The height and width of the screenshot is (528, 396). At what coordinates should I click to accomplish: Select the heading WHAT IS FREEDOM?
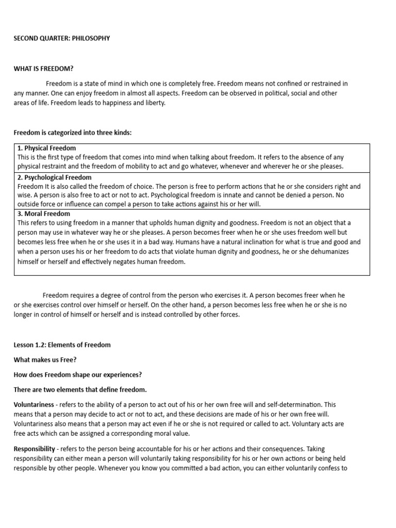tap(47, 69)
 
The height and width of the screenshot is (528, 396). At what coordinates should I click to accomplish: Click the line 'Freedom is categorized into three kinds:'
tap(73, 133)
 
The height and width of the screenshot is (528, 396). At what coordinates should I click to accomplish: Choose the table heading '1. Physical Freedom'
tap(46, 148)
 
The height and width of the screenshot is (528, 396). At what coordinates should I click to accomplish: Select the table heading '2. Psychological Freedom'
tap(54, 177)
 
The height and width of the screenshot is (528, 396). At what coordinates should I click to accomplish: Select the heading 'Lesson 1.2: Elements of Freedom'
tap(62, 344)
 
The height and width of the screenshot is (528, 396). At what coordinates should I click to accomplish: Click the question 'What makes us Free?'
tap(45, 360)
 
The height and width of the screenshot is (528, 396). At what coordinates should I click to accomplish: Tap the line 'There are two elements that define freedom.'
tap(80, 389)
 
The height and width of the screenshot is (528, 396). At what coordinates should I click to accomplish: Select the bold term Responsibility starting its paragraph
tap(36, 449)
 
